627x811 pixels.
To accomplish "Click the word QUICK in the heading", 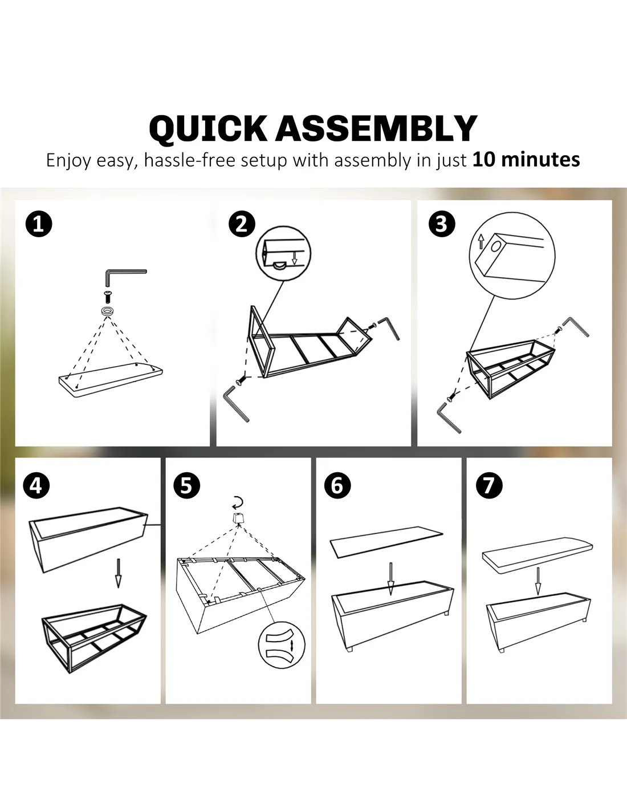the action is pos(208,129).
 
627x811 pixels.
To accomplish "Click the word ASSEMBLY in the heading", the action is pos(376,128).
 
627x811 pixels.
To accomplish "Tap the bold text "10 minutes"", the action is pos(526,159).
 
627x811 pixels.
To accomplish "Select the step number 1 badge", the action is pos(39,224).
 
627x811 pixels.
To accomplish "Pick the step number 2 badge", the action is pos(242,224).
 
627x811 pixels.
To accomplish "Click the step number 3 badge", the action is pos(442,224).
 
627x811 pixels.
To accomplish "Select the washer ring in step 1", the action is pos(108,311).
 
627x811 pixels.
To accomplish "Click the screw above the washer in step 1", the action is pos(108,297).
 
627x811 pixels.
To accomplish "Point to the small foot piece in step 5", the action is pos(237,518).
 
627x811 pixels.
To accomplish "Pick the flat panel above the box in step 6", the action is pos(386,542).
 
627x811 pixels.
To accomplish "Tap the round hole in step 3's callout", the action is pos(496,246).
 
